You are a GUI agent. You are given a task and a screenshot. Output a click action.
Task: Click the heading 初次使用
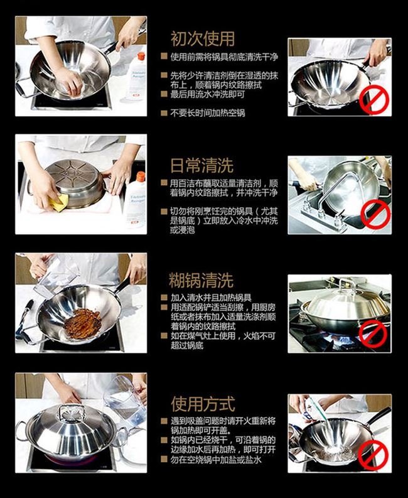point(203,39)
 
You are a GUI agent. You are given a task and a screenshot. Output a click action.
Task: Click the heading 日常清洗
point(202,165)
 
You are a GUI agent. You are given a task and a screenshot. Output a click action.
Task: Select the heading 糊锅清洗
point(201,280)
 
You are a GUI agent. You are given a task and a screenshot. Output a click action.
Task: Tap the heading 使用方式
point(203,404)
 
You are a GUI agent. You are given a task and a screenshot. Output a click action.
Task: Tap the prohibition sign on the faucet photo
point(376,215)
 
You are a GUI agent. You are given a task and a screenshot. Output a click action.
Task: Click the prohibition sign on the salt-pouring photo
point(373,455)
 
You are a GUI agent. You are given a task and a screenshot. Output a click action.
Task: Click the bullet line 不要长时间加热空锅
point(208,113)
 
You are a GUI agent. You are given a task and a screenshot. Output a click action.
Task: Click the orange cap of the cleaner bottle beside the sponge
point(141,176)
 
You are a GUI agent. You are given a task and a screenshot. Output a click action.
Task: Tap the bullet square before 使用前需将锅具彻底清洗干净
point(164,57)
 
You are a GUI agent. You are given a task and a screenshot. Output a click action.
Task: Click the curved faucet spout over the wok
point(336,190)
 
